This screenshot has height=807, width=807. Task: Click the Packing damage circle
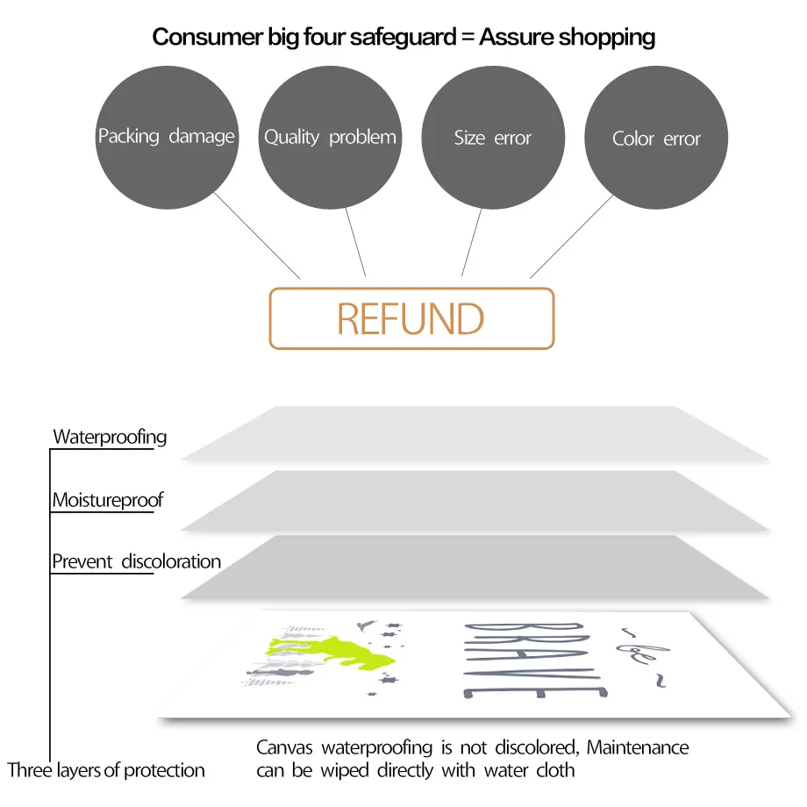[166, 137]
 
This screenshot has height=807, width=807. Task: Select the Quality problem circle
[330, 138]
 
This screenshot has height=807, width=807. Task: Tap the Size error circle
[493, 138]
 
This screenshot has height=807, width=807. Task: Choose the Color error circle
[656, 139]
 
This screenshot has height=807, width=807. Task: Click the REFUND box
[411, 319]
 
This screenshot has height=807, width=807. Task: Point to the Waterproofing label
[110, 437]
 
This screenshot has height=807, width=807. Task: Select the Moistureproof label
[107, 501]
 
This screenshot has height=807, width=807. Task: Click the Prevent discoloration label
[136, 561]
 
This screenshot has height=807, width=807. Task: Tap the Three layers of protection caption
[106, 771]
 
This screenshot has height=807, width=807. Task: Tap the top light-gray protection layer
[474, 433]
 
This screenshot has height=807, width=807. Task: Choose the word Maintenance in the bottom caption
[638, 747]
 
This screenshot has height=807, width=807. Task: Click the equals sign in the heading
[464, 38]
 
